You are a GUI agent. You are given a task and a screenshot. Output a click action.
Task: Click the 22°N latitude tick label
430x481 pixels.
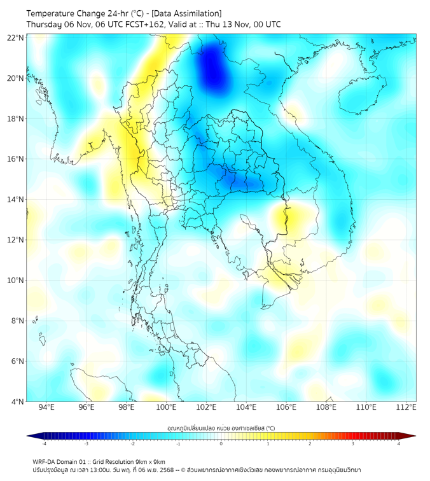16,38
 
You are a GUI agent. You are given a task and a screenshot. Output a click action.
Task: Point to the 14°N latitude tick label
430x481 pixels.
16,200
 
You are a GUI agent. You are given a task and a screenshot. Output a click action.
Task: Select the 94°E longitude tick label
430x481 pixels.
46,408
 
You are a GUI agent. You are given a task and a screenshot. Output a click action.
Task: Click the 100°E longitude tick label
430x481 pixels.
166,408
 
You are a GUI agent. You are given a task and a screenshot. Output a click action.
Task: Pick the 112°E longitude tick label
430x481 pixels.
406,408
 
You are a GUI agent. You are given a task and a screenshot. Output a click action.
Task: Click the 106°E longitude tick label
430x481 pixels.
286,408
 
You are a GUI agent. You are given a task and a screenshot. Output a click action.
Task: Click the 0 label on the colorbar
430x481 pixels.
221,444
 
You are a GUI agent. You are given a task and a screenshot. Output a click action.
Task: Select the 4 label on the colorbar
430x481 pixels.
399,444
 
